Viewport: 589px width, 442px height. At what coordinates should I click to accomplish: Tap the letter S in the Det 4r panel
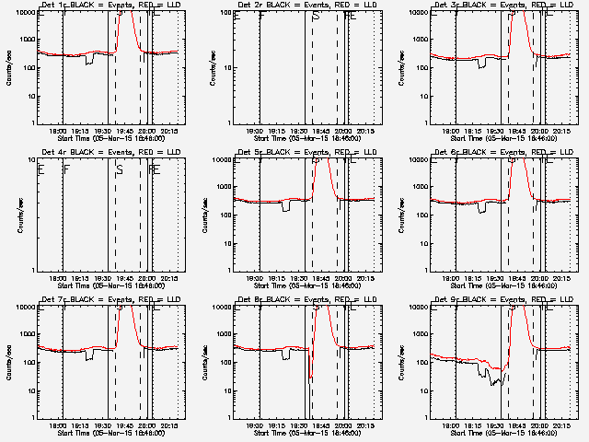click(120, 169)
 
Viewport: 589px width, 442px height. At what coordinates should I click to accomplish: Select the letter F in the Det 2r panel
click(261, 17)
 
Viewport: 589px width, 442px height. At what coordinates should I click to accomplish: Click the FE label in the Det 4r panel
click(154, 169)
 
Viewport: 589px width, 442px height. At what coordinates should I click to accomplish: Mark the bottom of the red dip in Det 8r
click(311, 378)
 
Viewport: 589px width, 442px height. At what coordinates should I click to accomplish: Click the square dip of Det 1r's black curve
click(89, 62)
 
